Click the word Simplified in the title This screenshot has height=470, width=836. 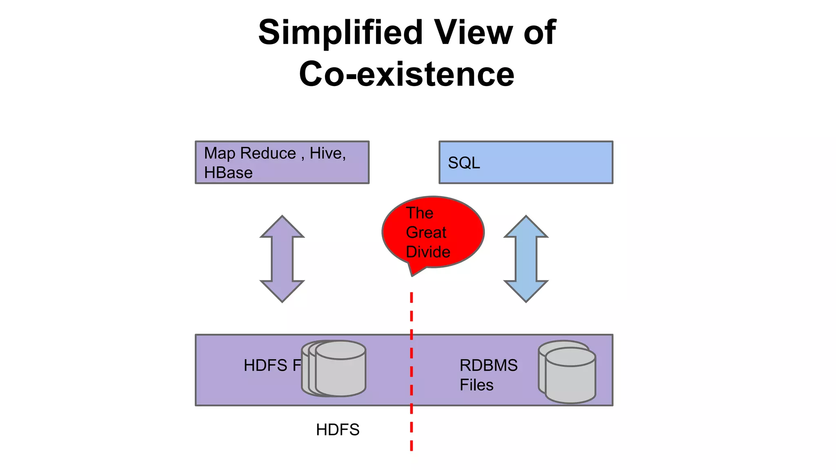click(x=340, y=33)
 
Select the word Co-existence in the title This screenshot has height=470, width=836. click(x=407, y=74)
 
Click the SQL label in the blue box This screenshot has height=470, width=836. click(x=464, y=163)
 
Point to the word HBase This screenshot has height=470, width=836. click(x=228, y=173)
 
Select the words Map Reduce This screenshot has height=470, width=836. click(x=250, y=153)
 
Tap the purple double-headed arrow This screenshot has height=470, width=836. click(x=282, y=259)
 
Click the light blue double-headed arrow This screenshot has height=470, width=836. click(x=526, y=259)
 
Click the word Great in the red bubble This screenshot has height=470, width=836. click(x=426, y=232)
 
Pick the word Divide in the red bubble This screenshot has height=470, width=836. click(x=428, y=252)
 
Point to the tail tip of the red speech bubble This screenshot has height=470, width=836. click(x=412, y=276)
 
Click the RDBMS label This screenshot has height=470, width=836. click(x=489, y=365)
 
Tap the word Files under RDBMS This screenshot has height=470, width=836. click(x=476, y=385)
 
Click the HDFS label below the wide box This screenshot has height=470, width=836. click(x=338, y=430)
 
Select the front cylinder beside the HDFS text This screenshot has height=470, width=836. click(x=340, y=373)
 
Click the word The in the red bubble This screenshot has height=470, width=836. click(x=419, y=213)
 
